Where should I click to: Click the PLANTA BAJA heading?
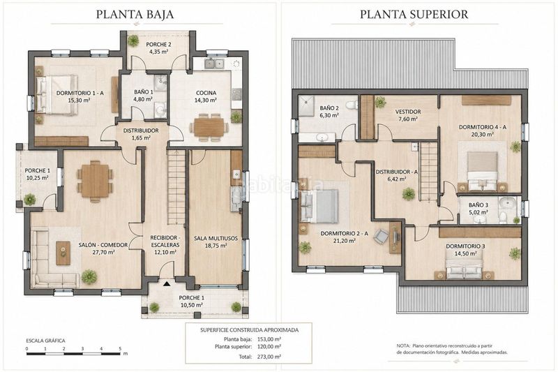click(x=135, y=14)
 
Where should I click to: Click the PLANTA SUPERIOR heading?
click(x=414, y=14)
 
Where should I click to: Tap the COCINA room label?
click(x=206, y=93)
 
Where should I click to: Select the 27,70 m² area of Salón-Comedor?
click(x=103, y=253)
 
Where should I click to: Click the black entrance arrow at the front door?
click(x=166, y=284)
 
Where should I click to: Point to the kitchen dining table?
click(x=209, y=127)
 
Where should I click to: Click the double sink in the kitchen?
click(x=214, y=64)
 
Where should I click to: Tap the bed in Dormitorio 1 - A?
click(x=58, y=95)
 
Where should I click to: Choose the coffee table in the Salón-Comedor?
click(x=63, y=253)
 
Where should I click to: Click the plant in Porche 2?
click(x=134, y=40)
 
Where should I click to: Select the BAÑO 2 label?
click(x=329, y=108)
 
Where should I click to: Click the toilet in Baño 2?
click(x=352, y=105)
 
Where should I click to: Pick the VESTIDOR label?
click(x=408, y=112)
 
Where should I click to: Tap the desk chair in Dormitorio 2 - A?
click(x=381, y=236)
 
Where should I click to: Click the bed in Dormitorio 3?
click(x=464, y=268)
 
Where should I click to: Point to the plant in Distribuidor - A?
click(x=409, y=194)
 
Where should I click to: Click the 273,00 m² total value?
click(x=269, y=357)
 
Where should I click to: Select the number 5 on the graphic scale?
click(x=120, y=348)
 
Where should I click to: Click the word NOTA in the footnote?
click(x=403, y=345)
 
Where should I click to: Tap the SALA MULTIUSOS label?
click(x=216, y=238)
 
